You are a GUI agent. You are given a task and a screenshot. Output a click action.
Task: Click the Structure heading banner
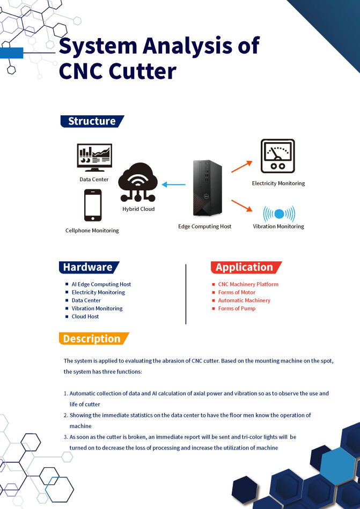click(92, 121)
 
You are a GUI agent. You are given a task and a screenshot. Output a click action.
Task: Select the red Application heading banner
click(245, 267)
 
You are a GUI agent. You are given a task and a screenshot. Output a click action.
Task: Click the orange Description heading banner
click(92, 338)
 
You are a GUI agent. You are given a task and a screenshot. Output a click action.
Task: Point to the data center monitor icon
click(94, 157)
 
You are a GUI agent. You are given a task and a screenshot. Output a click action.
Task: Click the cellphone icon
click(93, 205)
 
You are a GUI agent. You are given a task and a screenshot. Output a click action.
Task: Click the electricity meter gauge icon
click(277, 157)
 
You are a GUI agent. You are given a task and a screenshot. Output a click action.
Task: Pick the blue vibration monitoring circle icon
click(278, 214)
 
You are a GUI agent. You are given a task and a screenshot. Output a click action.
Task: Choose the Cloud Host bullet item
click(85, 316)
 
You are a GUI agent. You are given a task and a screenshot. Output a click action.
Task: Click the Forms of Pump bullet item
click(237, 308)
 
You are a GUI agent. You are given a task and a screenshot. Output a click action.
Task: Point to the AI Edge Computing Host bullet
click(101, 284)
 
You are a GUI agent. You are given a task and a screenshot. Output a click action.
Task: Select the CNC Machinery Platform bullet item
click(248, 284)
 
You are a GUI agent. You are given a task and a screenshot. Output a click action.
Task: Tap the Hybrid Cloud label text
click(138, 209)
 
